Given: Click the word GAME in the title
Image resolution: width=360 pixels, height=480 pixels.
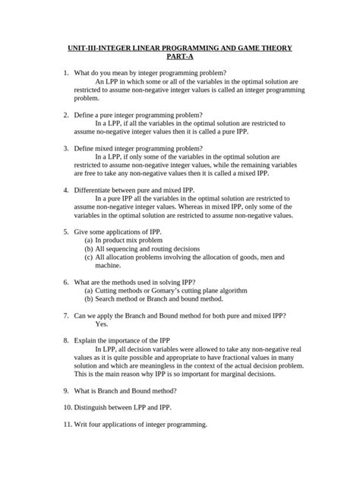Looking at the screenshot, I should (242, 47).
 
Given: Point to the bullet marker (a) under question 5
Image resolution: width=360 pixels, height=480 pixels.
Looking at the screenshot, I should (88, 239).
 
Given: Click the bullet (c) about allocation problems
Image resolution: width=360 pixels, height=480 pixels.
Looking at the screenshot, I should (88, 257).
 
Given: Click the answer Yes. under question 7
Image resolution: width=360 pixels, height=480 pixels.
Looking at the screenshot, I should (103, 323).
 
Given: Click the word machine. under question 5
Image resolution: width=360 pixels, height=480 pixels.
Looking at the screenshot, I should (108, 267).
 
